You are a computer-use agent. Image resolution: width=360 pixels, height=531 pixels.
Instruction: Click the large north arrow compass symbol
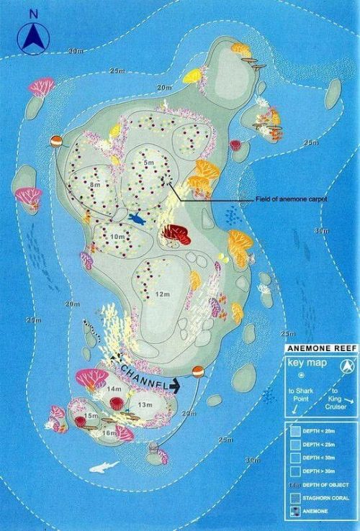[x=33, y=38]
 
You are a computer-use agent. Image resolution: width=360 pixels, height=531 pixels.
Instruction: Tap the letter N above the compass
[x=33, y=13]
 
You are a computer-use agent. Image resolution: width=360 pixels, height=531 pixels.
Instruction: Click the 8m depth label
[x=95, y=185]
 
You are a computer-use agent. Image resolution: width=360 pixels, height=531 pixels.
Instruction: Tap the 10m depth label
[x=117, y=236]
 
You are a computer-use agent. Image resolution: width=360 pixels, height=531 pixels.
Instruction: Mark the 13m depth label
[x=145, y=406]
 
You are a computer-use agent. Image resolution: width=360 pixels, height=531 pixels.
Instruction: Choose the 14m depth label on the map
[x=114, y=389]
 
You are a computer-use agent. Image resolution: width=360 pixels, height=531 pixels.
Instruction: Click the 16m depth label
[x=109, y=433]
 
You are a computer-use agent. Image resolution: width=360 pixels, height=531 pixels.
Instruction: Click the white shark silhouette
[x=104, y=466]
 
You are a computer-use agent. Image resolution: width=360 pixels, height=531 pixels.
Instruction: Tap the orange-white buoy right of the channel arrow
[x=199, y=372]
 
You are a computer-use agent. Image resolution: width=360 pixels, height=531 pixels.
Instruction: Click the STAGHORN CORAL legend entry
[x=325, y=497]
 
